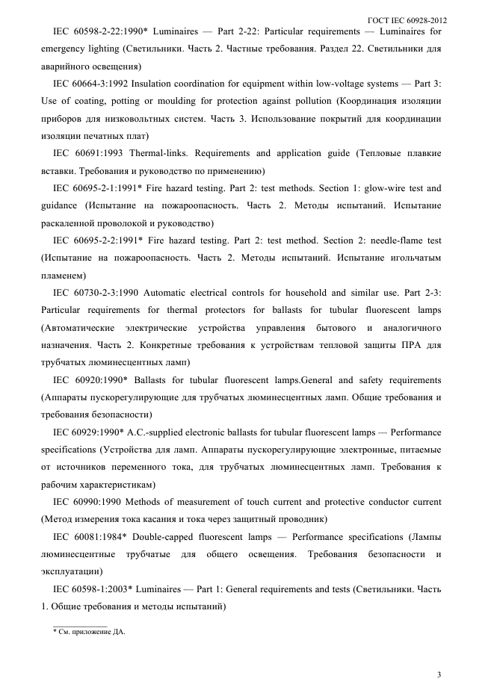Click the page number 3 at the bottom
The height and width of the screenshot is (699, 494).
[x=439, y=675]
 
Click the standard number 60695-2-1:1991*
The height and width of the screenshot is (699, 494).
[x=108, y=188]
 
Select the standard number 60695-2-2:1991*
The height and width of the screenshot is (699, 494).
[x=108, y=240]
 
